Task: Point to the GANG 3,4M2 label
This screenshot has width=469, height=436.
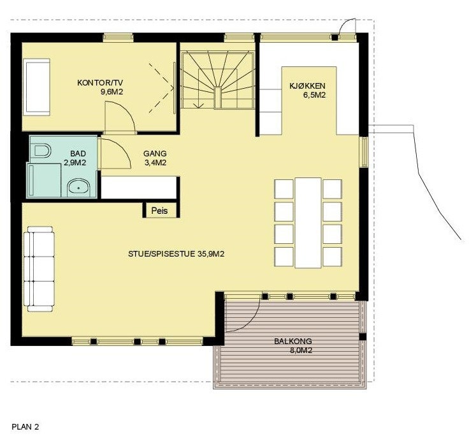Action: tap(155, 158)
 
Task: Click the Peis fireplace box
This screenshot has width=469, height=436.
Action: tap(159, 210)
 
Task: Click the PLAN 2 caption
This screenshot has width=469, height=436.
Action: tap(25, 426)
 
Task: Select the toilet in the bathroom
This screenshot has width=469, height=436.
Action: tap(42, 151)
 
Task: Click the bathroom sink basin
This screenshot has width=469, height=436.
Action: tap(79, 188)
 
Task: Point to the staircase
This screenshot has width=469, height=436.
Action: tap(218, 80)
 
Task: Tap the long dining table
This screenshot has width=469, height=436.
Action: tap(308, 222)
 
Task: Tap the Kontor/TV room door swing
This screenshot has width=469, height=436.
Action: tap(120, 119)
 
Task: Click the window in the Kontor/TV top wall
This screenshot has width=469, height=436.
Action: tap(123, 37)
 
